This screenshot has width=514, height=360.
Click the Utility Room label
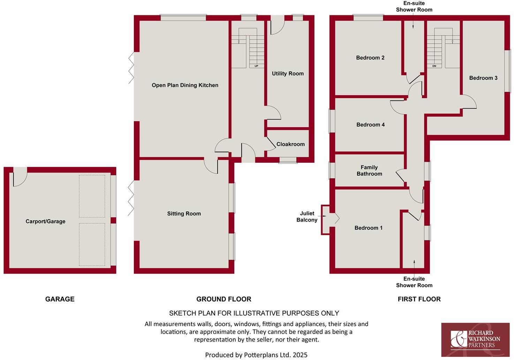pos(288,74)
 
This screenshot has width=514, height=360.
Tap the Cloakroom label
pos(290,144)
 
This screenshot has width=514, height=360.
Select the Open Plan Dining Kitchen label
pos(185,85)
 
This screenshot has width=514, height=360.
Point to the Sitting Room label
pos(184,214)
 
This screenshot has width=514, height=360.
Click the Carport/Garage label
pos(45,221)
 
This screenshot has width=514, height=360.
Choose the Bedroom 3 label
pos(483,78)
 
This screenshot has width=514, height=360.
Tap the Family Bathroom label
pos(369,170)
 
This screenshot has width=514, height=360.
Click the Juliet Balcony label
pos(307,216)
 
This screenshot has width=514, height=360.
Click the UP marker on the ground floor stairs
pos(256,66)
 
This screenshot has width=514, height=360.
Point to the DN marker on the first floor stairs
pos(434,66)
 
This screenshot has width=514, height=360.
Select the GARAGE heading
pos(60,299)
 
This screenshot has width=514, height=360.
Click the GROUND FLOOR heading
pos(224,299)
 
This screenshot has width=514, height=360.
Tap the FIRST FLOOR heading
pos(419,299)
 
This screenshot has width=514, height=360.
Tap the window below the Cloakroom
pos(288,160)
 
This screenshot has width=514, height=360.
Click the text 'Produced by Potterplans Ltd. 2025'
pos(256,355)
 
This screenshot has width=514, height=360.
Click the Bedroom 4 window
pos(331,121)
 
